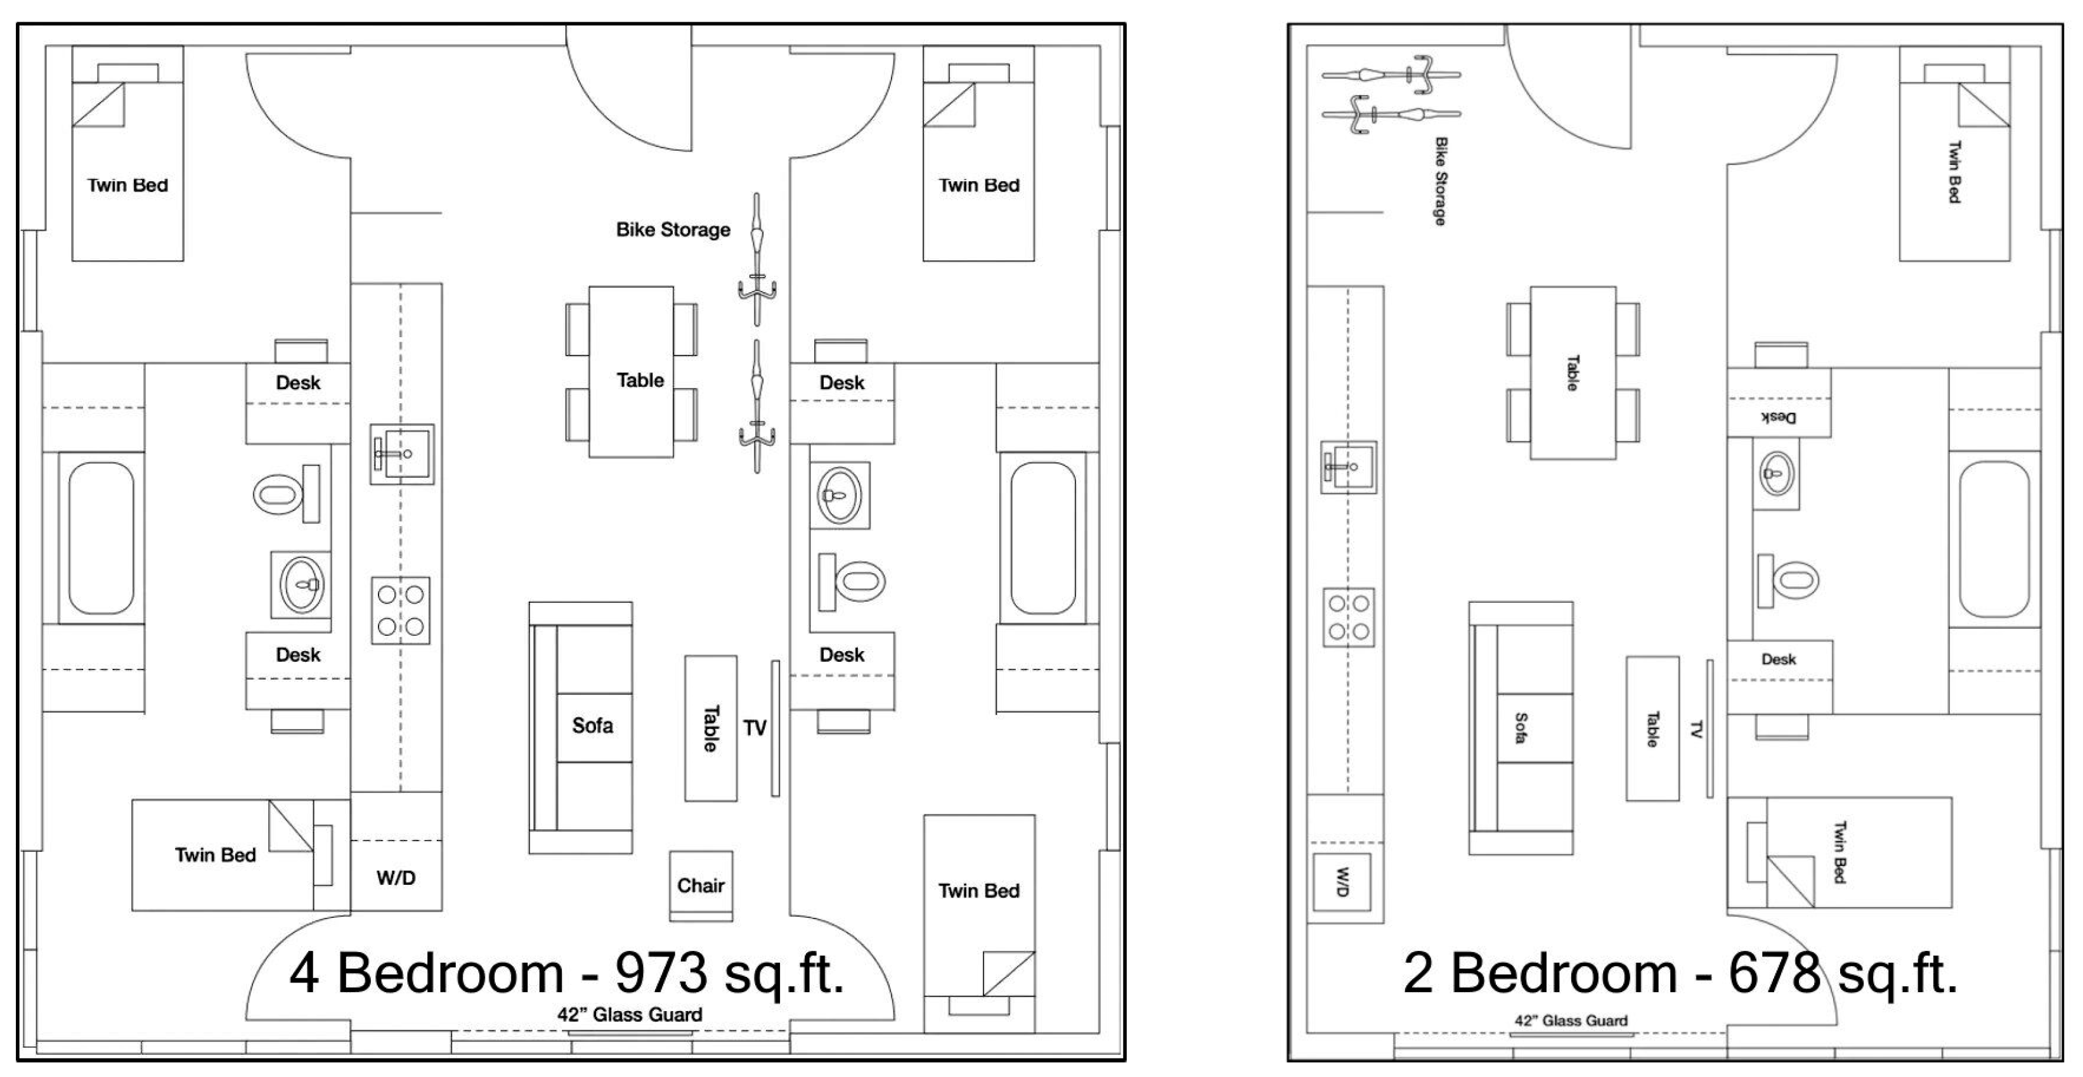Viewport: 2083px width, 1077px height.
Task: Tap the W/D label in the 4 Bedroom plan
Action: click(396, 878)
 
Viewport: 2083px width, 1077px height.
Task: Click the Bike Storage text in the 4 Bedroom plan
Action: click(673, 229)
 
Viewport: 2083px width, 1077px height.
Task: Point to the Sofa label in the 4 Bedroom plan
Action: click(593, 725)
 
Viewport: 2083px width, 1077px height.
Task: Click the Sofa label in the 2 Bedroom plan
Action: click(1520, 728)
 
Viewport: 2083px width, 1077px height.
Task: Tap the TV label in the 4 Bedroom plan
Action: click(755, 728)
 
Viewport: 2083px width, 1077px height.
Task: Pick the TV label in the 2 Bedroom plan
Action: click(1696, 730)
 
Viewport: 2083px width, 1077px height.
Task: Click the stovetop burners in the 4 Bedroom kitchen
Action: click(400, 610)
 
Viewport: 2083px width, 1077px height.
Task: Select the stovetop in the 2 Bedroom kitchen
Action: click(1349, 617)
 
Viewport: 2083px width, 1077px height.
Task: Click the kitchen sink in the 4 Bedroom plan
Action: click(402, 455)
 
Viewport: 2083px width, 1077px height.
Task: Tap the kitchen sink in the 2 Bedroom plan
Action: click(1349, 467)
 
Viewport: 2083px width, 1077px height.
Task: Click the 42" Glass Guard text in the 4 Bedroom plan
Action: click(630, 1015)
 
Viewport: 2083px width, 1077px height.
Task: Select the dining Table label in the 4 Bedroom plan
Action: click(640, 380)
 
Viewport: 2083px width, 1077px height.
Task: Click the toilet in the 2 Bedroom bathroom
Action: click(1788, 581)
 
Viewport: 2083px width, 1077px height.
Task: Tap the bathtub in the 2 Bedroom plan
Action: click(1994, 539)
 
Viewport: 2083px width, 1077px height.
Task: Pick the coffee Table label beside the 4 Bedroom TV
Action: click(710, 728)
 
